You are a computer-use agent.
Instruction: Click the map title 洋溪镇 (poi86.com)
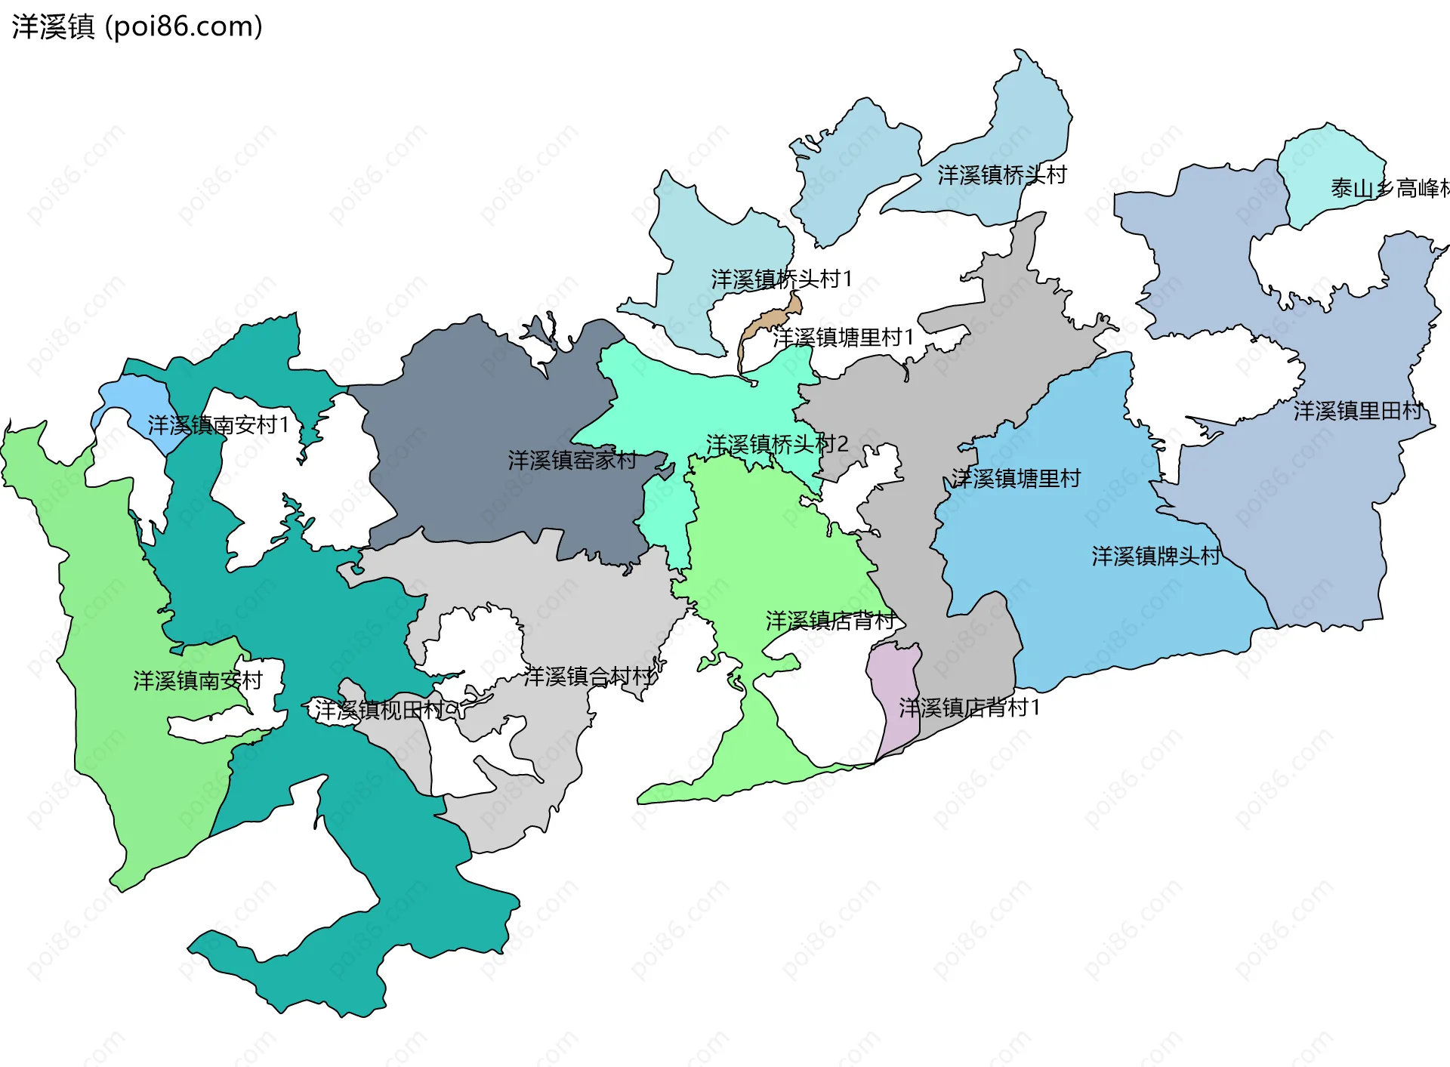(x=137, y=26)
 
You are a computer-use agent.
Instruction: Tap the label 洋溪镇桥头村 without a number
(x=1002, y=175)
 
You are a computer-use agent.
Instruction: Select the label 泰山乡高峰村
(x=1390, y=188)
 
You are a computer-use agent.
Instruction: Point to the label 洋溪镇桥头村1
(x=782, y=279)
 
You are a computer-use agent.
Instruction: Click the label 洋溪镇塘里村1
(x=843, y=338)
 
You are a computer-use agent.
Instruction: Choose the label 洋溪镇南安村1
(x=218, y=425)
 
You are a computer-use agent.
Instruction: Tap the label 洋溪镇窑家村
(x=572, y=460)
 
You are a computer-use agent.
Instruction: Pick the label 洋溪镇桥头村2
(x=777, y=444)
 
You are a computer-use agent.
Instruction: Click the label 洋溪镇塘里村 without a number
(x=1016, y=478)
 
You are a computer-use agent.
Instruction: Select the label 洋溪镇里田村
(x=1358, y=411)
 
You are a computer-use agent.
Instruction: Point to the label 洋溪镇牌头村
(x=1155, y=557)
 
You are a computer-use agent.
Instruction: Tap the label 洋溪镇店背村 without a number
(x=831, y=621)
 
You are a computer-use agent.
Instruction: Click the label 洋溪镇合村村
(x=589, y=677)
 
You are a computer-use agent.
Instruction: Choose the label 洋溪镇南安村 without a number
(x=198, y=680)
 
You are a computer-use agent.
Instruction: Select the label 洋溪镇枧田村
(x=380, y=710)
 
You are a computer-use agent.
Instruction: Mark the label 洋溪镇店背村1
(x=970, y=708)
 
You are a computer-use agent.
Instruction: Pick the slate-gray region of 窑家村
(x=483, y=423)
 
